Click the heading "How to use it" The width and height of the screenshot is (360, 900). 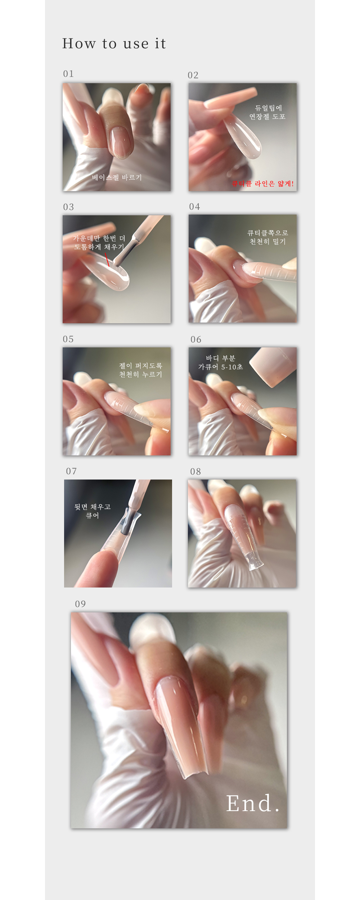click(x=114, y=44)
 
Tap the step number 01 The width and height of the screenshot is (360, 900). click(x=68, y=74)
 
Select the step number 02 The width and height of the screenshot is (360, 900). click(x=193, y=75)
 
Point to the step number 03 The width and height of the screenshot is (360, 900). click(x=68, y=207)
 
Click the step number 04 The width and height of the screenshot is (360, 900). click(x=194, y=207)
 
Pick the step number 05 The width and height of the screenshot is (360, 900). click(x=68, y=339)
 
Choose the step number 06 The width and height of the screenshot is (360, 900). click(x=196, y=339)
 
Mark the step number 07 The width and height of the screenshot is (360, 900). click(x=71, y=471)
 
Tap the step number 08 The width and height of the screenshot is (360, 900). click(x=195, y=472)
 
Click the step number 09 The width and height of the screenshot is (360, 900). click(x=80, y=604)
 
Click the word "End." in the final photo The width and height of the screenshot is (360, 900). click(x=253, y=803)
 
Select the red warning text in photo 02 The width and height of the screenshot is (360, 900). click(x=263, y=184)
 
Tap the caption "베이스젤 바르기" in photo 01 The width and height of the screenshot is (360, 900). click(x=117, y=177)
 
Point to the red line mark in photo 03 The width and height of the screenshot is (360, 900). click(x=107, y=259)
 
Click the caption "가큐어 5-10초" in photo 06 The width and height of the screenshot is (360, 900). click(x=221, y=367)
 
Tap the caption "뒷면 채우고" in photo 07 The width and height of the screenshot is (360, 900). click(x=93, y=507)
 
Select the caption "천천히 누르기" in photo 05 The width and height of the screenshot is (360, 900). click(x=141, y=374)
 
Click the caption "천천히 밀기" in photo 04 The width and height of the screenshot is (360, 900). click(x=268, y=242)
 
